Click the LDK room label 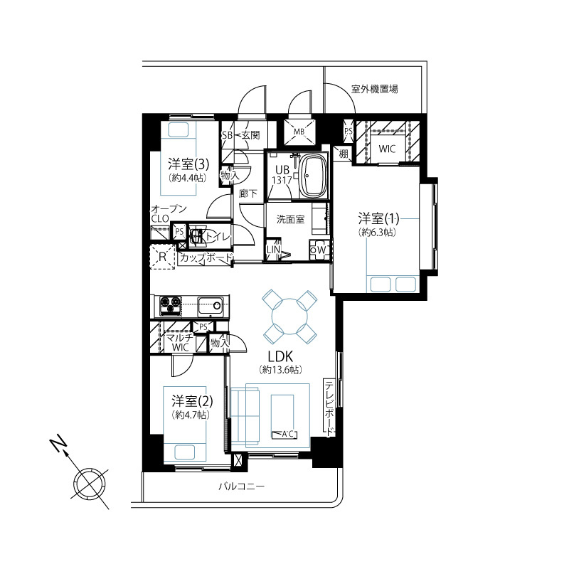click(x=280, y=356)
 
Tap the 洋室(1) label click(x=378, y=219)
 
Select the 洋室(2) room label click(x=192, y=401)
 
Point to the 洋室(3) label click(x=188, y=164)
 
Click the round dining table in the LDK click(x=289, y=317)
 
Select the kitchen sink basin click(x=210, y=306)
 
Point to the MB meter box click(x=299, y=132)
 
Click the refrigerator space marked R click(x=163, y=257)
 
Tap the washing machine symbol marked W click(x=319, y=250)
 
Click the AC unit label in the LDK click(x=284, y=434)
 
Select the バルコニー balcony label click(x=242, y=486)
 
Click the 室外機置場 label click(x=374, y=89)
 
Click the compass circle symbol click(x=90, y=484)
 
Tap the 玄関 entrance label click(x=251, y=135)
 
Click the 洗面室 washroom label click(x=290, y=219)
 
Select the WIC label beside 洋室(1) click(x=387, y=149)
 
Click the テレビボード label click(x=329, y=408)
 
